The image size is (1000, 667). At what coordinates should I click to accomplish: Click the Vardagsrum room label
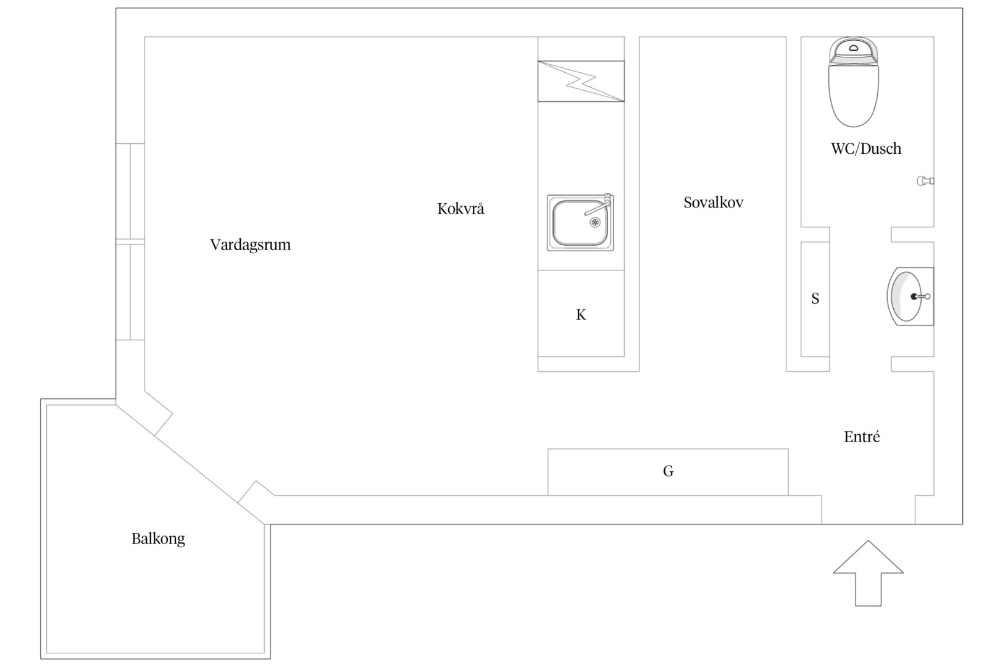pos(251,245)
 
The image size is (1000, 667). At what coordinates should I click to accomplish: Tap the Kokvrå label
pos(460,209)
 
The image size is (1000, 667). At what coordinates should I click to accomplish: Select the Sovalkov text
pos(714,203)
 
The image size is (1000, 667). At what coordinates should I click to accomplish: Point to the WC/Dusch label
pos(865,148)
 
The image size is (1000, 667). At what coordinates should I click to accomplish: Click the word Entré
pos(862,437)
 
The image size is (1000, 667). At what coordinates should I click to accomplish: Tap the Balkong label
pos(158,539)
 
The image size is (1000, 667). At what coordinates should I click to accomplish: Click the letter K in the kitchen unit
pos(581,315)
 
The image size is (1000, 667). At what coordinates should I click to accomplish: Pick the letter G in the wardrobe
pos(668,471)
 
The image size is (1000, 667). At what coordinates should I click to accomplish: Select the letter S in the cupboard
pos(815,298)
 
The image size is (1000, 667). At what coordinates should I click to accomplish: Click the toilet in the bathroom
pos(854,82)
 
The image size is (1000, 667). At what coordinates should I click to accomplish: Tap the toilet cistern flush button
pos(854,48)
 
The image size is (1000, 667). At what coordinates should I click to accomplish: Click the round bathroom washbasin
pos(910,296)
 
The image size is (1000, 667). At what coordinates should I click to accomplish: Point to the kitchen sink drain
pos(595,222)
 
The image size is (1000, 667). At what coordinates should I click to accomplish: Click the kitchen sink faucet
pos(599,206)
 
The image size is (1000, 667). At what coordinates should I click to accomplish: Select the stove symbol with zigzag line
pos(581,82)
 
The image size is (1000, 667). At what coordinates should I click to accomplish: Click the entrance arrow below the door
pos(869,573)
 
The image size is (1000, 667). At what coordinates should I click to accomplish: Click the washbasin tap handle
pos(921,296)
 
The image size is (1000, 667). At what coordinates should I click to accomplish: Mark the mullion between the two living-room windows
pos(130,241)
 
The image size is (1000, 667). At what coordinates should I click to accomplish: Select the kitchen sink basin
pos(580,222)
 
